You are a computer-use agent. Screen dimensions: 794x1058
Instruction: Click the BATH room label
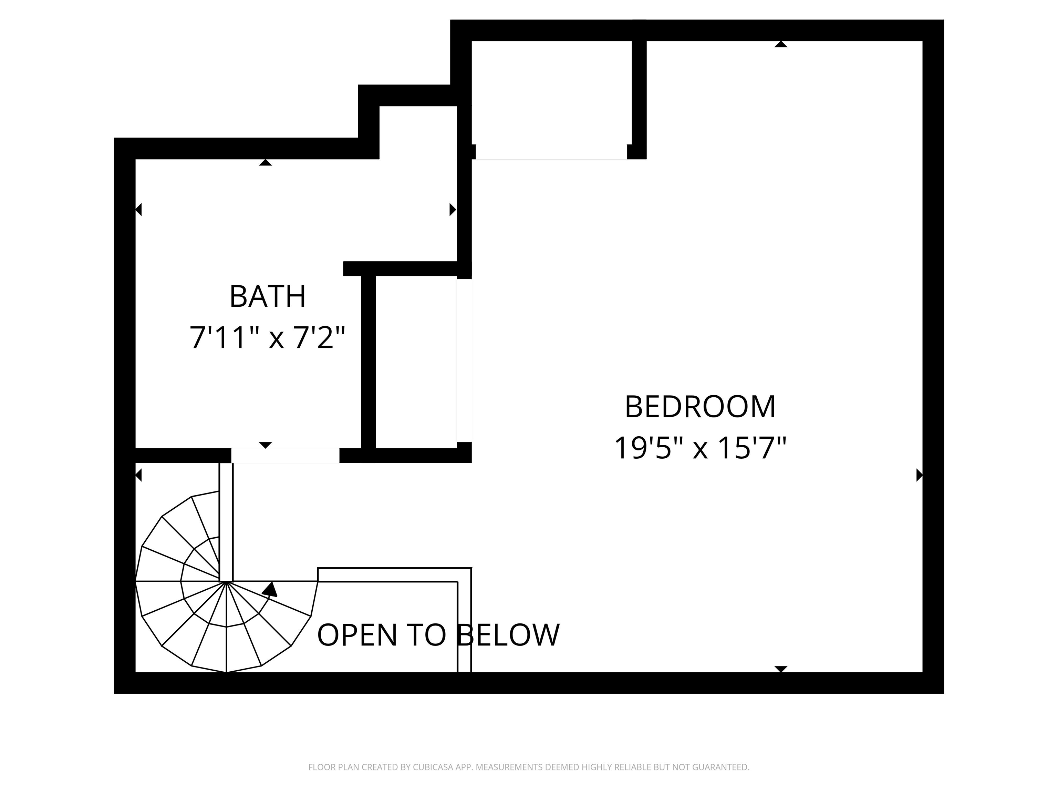click(x=267, y=296)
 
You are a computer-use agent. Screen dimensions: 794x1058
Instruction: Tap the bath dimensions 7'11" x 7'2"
click(x=267, y=337)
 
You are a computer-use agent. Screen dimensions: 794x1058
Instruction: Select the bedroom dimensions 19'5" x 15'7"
click(x=700, y=448)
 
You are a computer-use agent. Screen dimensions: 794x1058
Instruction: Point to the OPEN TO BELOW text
click(x=438, y=635)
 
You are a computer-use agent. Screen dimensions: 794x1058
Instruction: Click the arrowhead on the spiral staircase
click(x=271, y=589)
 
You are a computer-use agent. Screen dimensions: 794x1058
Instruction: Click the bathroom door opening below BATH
click(x=285, y=455)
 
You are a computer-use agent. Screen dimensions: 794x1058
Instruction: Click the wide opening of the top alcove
click(x=551, y=152)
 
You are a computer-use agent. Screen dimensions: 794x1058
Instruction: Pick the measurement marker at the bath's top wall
click(x=266, y=163)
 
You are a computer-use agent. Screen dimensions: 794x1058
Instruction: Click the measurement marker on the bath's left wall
click(x=139, y=210)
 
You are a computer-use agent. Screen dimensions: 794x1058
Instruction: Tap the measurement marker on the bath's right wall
click(x=453, y=210)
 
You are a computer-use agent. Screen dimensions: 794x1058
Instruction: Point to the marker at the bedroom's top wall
click(x=781, y=44)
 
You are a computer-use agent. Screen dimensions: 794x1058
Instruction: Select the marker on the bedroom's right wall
click(x=919, y=475)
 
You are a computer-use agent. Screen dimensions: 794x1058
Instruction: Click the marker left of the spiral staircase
click(x=139, y=475)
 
